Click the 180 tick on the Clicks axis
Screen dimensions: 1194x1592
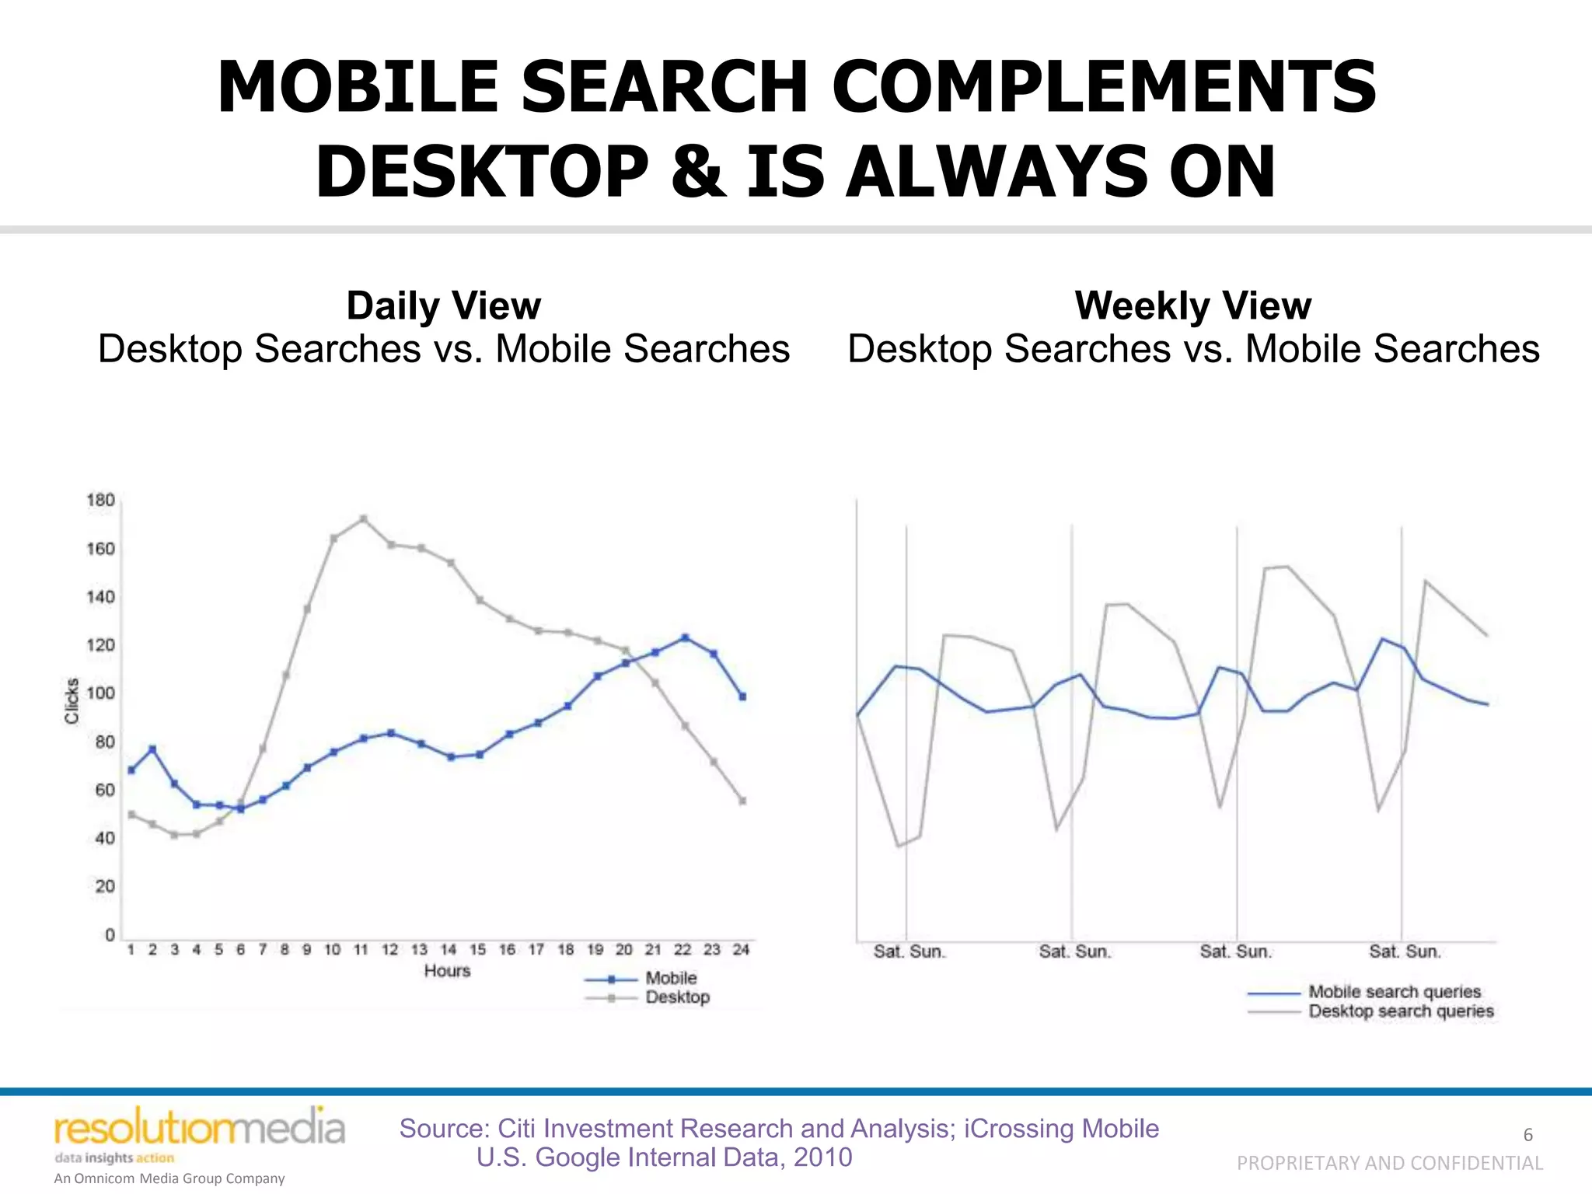tap(101, 500)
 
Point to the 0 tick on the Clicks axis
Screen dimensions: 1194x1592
tap(110, 934)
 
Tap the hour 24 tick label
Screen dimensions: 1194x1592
tap(741, 949)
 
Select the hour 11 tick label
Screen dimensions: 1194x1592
tap(361, 949)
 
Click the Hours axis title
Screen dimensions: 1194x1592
tap(447, 971)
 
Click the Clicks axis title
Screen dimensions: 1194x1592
tap(72, 700)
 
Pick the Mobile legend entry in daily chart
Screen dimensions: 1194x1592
tap(670, 978)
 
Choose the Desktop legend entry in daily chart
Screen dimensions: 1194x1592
tap(676, 997)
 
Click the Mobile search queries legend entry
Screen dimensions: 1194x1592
tap(1394, 992)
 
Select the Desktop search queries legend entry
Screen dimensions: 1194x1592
tap(1400, 1011)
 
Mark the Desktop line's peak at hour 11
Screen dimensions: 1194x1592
tap(363, 518)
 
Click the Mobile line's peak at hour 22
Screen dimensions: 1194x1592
tap(685, 637)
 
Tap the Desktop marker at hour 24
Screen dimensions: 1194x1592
tap(742, 801)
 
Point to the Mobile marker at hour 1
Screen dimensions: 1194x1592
tap(131, 770)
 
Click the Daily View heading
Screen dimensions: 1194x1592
tap(444, 305)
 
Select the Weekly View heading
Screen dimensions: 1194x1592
tap(1193, 305)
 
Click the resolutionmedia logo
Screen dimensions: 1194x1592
tap(199, 1129)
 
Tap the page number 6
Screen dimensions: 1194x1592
tap(1527, 1135)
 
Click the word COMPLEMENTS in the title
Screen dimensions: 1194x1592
tap(1103, 87)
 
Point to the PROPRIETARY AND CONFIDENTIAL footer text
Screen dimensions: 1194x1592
tap(1389, 1163)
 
